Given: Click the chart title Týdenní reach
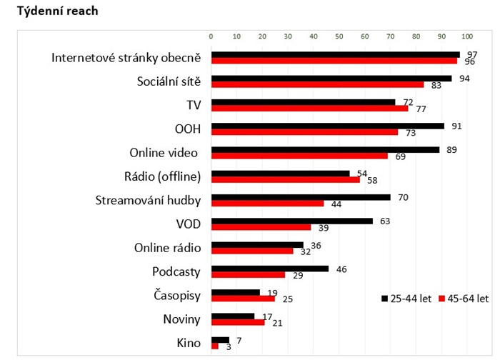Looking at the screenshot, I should [52, 11].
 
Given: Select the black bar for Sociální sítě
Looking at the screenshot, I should [331, 79].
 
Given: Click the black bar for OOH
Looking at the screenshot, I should [327, 126].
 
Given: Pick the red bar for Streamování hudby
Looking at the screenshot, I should [267, 204].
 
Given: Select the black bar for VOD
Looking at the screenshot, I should [291, 221].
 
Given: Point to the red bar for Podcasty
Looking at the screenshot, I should [248, 274].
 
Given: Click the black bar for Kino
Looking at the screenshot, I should [219, 339].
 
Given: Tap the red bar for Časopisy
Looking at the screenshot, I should [243, 299].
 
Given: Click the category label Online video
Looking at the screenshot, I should [164, 153].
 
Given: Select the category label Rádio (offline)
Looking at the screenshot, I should [163, 176].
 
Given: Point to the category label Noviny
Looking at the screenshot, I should [181, 319].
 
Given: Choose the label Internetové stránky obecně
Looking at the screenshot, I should [126, 58].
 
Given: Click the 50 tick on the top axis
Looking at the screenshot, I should [339, 36].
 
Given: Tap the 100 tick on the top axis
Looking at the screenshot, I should [467, 36].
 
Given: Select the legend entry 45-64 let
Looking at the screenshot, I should [464, 298].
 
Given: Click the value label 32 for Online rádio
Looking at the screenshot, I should [304, 251].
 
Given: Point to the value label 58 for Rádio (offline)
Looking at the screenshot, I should [371, 180].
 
